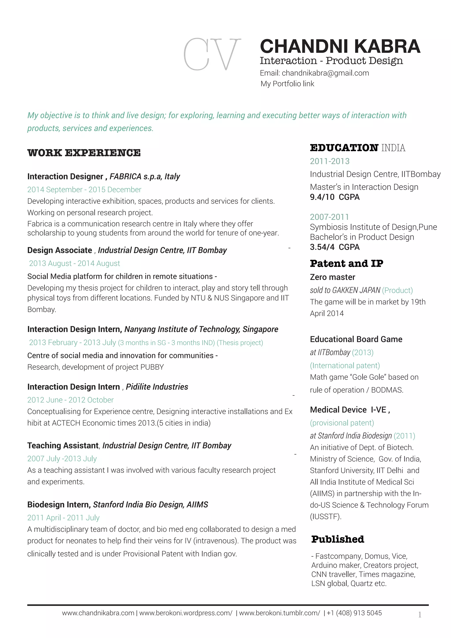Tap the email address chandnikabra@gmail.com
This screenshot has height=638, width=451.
[325, 73]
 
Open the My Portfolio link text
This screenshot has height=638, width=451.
[287, 84]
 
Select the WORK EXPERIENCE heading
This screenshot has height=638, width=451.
[84, 153]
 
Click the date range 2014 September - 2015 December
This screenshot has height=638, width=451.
[84, 189]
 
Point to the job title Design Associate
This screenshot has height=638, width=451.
[59, 250]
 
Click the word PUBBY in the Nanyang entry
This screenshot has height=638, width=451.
[152, 367]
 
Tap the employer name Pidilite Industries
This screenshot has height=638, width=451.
[157, 387]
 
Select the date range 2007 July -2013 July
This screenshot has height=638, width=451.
[62, 458]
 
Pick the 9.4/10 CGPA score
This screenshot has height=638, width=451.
[335, 197]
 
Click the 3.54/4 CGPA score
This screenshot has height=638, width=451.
[335, 247]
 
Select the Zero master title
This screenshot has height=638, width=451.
[333, 277]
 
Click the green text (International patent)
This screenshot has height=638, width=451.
[345, 365]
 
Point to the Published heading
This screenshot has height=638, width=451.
[337, 539]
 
